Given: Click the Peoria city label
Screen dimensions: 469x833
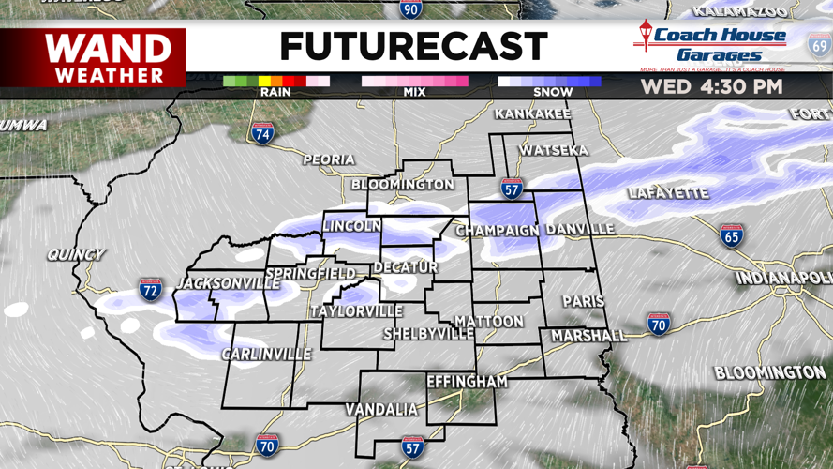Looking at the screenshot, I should [328, 159].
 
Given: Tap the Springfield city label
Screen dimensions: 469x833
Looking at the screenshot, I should [310, 274].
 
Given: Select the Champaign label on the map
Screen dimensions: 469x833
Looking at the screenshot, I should [498, 230].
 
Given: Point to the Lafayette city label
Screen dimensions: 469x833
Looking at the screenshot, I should [668, 193].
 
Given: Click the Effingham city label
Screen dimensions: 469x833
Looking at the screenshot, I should [467, 382].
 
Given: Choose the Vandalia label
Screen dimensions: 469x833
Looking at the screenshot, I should [381, 409].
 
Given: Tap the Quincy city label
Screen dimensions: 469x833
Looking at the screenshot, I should [76, 254].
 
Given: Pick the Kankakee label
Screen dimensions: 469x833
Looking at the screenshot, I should [532, 114].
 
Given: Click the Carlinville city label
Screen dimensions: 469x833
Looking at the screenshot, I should [266, 354].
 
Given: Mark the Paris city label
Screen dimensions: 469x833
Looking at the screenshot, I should [583, 301].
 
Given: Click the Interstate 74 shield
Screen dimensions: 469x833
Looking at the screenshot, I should [263, 133].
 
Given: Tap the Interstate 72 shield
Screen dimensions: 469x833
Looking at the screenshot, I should [150, 290].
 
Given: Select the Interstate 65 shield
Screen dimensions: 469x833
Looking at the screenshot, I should [732, 235].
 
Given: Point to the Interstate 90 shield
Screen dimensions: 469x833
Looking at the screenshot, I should [410, 9].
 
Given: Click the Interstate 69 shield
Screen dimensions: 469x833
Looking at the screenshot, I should [820, 44].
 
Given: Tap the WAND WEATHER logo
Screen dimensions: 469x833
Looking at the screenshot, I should [109, 57].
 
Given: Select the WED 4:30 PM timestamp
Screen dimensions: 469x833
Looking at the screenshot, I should [711, 87].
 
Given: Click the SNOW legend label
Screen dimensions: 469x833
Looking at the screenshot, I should [552, 92].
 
